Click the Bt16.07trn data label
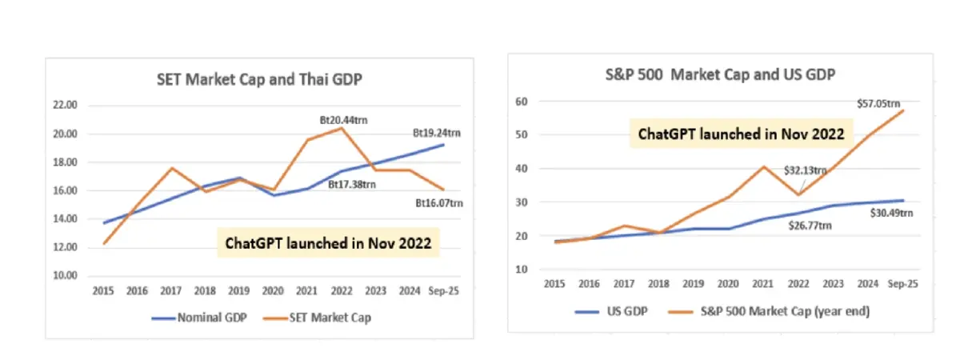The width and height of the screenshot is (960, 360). click(439, 203)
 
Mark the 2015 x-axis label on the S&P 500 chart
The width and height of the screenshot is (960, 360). click(554, 283)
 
